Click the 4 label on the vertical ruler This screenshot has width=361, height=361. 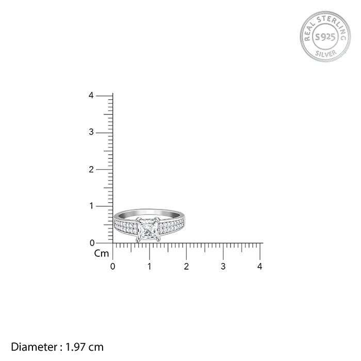[x=91, y=95]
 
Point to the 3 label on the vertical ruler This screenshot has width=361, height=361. [x=91, y=132]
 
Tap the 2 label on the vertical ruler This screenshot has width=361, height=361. [x=91, y=170]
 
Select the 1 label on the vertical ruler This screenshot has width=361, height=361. [x=92, y=206]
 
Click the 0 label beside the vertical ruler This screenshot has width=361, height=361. [x=92, y=243]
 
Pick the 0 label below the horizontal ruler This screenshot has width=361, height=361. [x=112, y=267]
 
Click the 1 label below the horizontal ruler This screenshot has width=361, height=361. [x=150, y=267]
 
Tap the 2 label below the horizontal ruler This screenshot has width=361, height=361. [x=186, y=267]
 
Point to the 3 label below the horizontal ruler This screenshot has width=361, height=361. [x=223, y=267]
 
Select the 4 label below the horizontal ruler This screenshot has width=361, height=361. [x=260, y=267]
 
